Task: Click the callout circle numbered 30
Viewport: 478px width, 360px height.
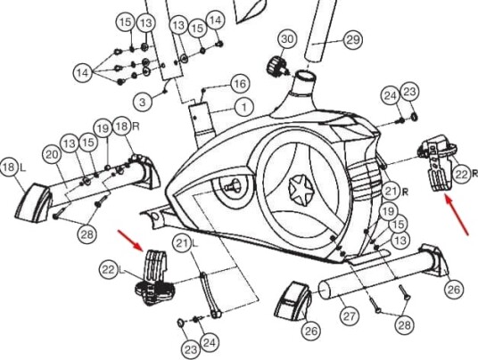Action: click(287, 39)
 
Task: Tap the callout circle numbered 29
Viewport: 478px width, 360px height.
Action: click(353, 40)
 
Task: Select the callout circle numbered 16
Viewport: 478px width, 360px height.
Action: click(240, 84)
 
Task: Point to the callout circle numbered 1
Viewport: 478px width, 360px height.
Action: click(244, 107)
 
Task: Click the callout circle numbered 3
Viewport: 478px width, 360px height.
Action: click(143, 102)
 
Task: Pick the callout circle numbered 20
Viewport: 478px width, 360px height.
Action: click(52, 155)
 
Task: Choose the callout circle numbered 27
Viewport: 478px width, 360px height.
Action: click(349, 316)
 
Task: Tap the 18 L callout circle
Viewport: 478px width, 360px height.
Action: click(9, 168)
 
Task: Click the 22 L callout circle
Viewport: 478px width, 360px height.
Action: click(108, 269)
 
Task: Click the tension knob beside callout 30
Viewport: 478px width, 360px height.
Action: click(276, 67)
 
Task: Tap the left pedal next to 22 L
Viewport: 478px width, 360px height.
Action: click(155, 278)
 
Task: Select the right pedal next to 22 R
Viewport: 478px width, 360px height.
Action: click(438, 163)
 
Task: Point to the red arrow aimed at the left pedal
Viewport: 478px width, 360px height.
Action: click(130, 241)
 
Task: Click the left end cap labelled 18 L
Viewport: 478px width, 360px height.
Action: click(33, 203)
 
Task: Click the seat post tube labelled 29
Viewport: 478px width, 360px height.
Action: click(320, 30)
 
